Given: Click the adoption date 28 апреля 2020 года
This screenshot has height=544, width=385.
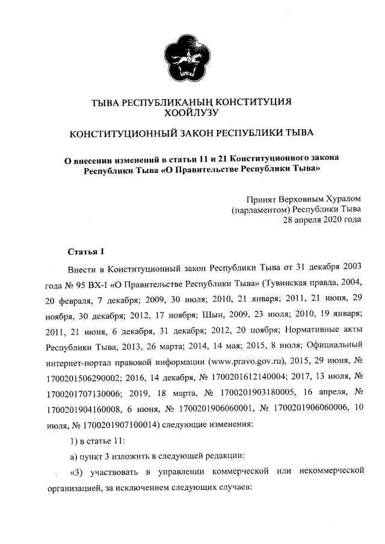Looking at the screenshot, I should tap(322, 219).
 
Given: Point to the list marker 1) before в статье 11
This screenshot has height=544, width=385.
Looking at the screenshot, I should tap(75, 441).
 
